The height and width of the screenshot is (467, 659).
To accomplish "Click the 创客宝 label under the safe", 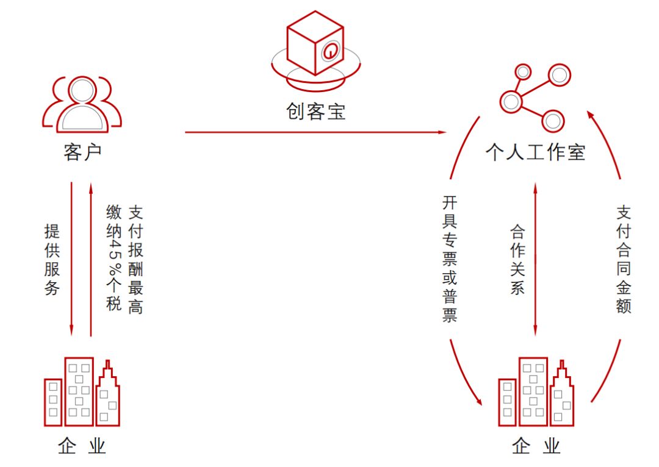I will (x=316, y=112).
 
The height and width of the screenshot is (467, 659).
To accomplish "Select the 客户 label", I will (x=82, y=152).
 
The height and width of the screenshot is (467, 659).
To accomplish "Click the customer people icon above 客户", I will (x=82, y=104).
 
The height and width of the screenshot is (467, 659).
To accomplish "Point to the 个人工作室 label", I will (x=535, y=152).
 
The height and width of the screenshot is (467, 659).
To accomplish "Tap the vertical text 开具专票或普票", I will (x=450, y=258).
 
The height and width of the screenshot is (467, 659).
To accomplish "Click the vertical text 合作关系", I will (x=517, y=260).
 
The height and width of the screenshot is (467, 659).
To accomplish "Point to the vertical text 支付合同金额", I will (x=623, y=259).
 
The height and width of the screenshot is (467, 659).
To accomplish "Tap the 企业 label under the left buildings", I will (x=82, y=447).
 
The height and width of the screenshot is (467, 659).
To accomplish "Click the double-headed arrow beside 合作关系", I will (x=536, y=258).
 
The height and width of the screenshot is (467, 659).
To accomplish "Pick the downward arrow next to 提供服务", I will (x=71, y=258).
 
